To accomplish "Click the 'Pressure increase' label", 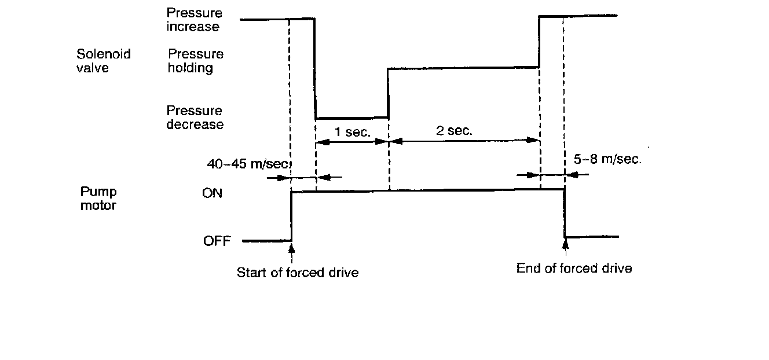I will [194, 20].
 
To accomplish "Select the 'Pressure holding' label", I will [195, 61].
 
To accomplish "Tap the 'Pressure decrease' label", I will [194, 117].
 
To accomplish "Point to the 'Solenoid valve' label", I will [104, 61].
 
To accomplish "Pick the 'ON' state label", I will [212, 193].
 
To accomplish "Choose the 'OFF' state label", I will [217, 241].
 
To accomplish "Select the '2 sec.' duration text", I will [455, 130].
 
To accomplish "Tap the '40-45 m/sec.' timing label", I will [248, 163].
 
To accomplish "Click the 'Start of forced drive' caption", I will [298, 272].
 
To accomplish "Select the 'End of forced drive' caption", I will [574, 268].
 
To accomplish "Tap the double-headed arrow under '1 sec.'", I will [351, 141].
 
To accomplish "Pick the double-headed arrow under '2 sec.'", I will [464, 140].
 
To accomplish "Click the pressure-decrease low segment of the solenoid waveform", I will [351, 118].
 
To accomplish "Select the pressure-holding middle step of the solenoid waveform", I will [463, 68].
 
